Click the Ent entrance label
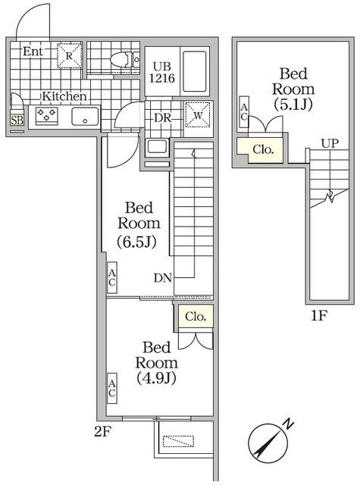click(32, 52)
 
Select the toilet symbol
click(119, 59)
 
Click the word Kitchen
click(64, 96)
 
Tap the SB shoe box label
click(17, 120)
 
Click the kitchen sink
click(84, 116)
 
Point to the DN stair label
click(162, 278)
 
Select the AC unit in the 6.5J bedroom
click(111, 278)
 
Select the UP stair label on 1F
click(329, 142)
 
